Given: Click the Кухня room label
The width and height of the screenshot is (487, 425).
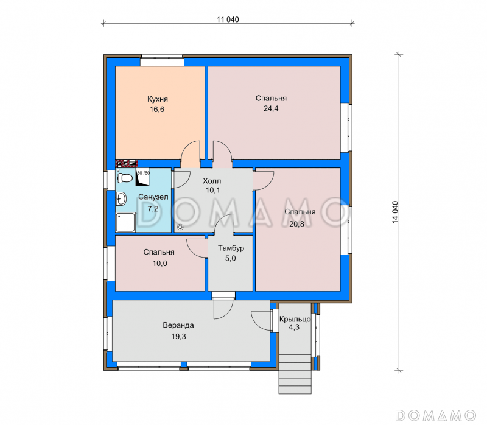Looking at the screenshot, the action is [158, 99].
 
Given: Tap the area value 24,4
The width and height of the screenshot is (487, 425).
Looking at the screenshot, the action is [271, 108].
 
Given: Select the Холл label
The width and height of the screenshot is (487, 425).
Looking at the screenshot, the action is [212, 181].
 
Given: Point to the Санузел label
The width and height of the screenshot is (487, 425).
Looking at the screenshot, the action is [153, 197].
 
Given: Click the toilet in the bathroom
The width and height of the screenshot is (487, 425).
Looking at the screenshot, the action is [125, 178].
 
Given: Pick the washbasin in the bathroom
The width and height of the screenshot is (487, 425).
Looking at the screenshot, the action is [121, 198].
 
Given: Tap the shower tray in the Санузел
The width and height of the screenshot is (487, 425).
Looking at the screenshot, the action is [125, 222].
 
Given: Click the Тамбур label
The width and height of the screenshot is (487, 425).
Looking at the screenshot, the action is [231, 248].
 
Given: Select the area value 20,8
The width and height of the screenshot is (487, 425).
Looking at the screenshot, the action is [296, 223].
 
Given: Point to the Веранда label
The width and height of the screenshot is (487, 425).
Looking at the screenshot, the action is [178, 325].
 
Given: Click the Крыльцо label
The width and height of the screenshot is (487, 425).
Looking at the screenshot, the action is [295, 319].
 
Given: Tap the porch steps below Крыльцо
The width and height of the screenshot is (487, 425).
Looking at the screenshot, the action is [295, 374].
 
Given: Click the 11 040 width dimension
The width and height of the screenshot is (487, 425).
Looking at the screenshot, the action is [228, 19].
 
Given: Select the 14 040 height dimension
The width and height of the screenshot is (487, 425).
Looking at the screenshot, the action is [394, 212].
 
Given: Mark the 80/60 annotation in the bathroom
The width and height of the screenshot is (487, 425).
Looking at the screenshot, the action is [143, 173].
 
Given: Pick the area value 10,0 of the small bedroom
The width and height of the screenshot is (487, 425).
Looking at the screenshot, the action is [159, 264].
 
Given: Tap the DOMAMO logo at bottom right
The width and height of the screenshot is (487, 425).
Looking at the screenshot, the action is [435, 415].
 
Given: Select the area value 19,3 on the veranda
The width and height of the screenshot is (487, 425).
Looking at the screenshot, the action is [178, 337].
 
